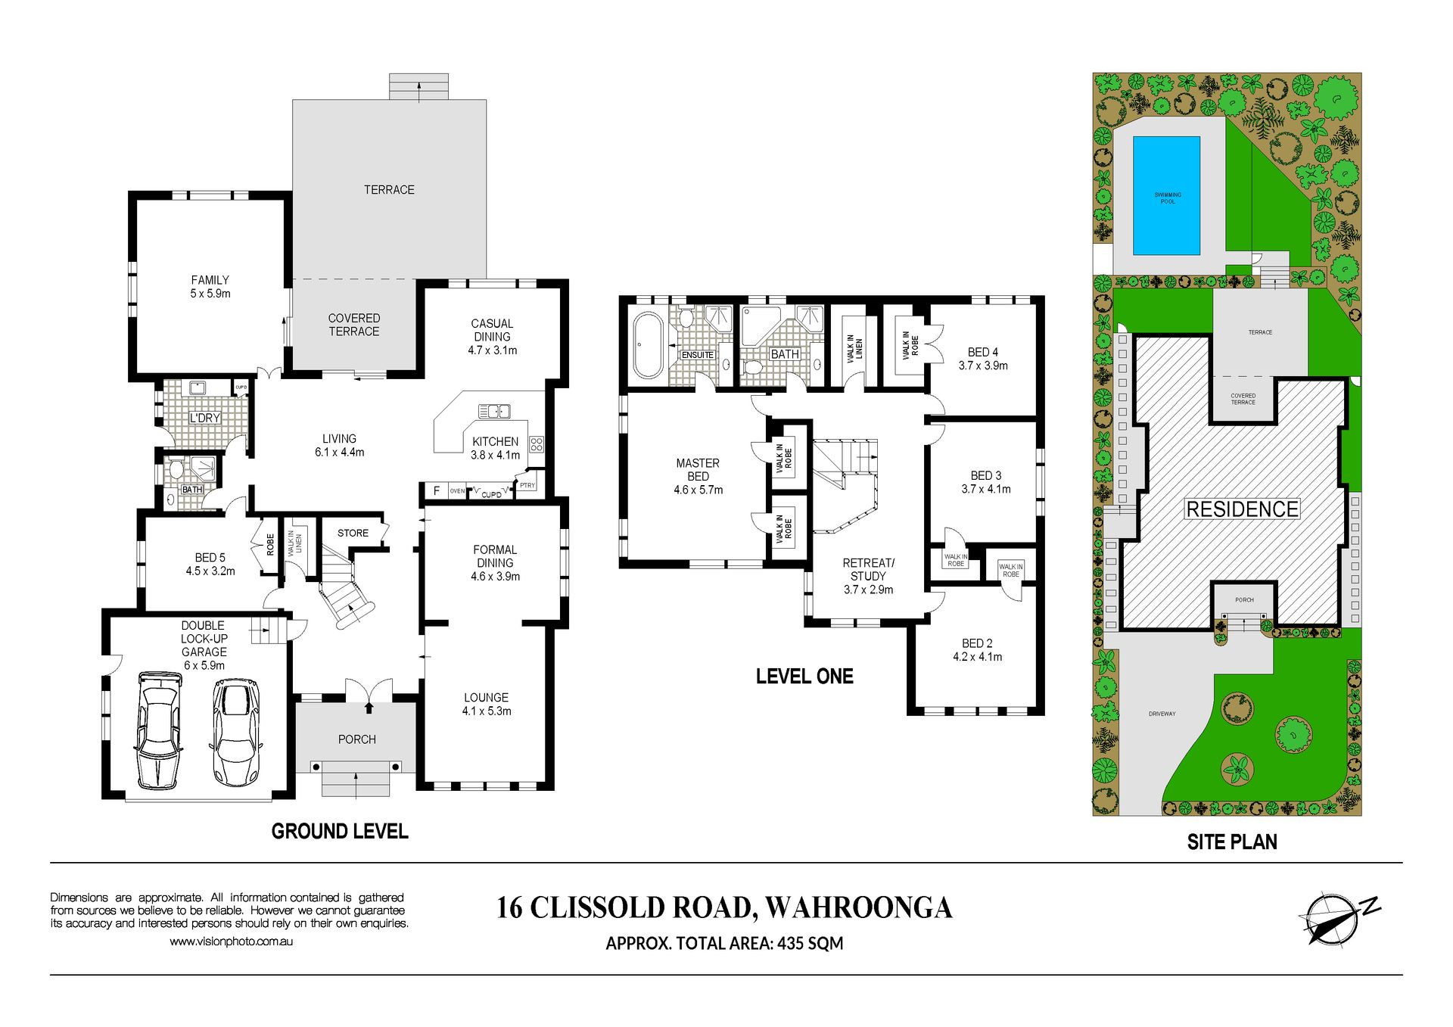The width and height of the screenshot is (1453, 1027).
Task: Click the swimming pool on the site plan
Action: (1166, 195)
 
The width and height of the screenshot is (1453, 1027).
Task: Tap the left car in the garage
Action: (159, 730)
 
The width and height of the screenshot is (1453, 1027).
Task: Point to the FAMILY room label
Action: (210, 280)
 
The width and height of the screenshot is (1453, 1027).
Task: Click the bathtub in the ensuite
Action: (648, 344)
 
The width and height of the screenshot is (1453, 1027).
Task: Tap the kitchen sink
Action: (494, 411)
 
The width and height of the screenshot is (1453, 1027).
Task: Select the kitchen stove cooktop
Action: (537, 444)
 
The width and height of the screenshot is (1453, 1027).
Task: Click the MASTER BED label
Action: (698, 469)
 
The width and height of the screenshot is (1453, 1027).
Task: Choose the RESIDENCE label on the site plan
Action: (1242, 509)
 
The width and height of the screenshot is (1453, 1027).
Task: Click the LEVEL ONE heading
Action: (804, 677)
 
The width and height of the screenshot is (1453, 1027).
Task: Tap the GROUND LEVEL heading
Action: (340, 832)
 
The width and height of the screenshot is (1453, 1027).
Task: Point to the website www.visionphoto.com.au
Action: (231, 941)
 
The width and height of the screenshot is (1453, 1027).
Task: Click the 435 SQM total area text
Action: (810, 944)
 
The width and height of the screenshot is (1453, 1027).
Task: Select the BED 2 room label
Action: (977, 643)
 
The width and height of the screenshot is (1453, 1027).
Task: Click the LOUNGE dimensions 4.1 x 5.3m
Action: (487, 711)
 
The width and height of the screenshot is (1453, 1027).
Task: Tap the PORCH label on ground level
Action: (357, 739)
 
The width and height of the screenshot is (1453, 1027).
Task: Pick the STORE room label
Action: (353, 533)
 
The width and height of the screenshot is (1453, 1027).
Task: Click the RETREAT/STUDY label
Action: (868, 569)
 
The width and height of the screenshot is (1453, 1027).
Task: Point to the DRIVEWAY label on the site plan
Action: (1162, 714)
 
